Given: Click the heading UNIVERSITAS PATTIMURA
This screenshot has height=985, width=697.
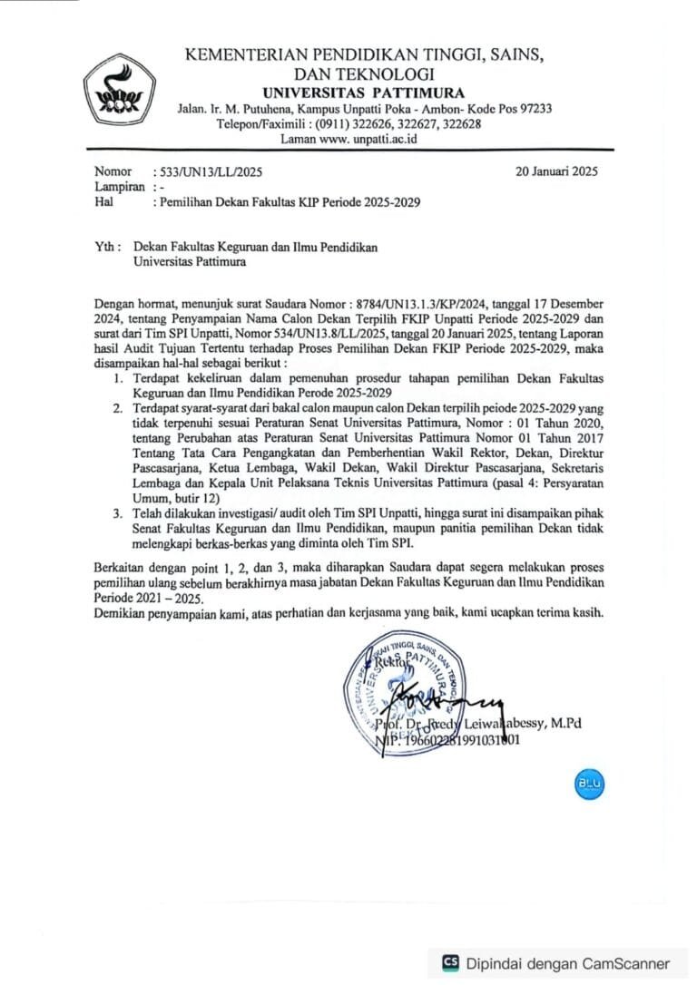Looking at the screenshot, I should tap(363, 92).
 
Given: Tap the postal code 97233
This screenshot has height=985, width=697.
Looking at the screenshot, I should tap(532, 109).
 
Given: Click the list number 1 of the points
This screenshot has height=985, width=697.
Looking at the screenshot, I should tap(119, 375).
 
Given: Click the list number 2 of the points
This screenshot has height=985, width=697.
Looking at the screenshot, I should tap(119, 408).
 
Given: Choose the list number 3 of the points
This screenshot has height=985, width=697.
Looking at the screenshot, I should tap(119, 513).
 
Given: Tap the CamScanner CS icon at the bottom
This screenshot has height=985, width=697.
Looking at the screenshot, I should tap(451, 962).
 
